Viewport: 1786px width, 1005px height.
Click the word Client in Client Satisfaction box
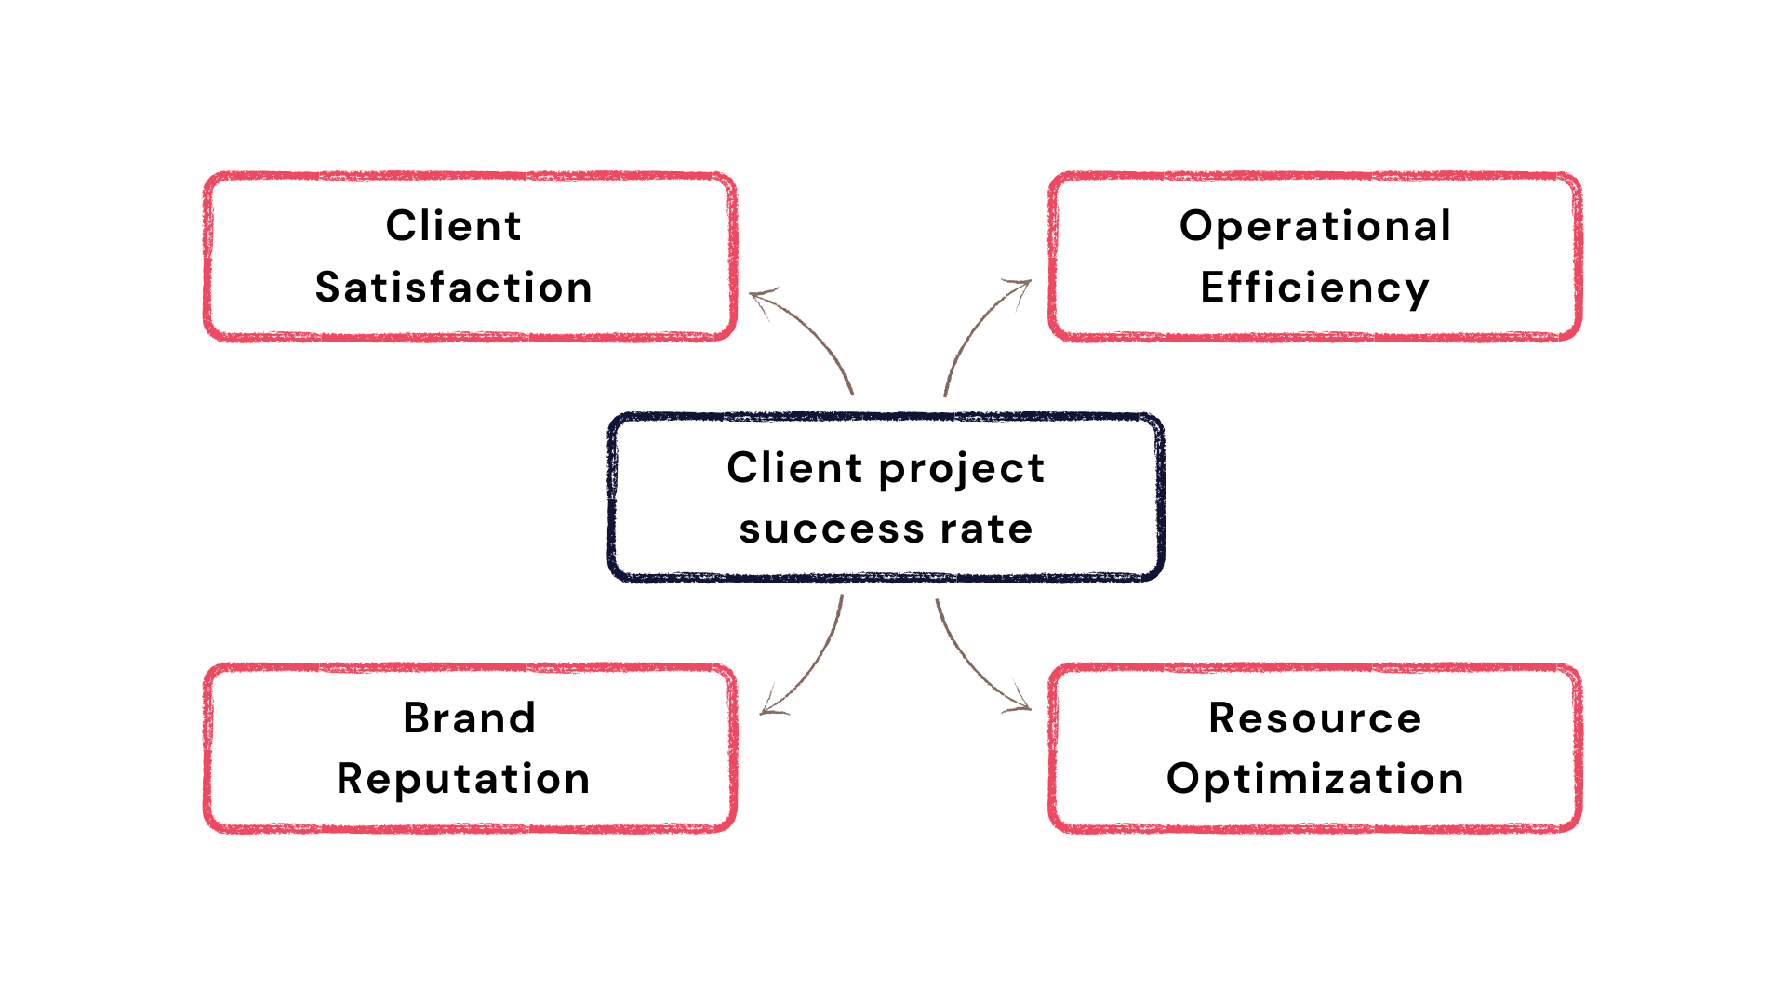point(454,225)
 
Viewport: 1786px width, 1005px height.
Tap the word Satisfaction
point(454,287)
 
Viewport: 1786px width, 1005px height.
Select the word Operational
point(1315,227)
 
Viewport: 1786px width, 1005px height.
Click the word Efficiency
point(1315,288)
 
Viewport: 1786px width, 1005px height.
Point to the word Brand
point(470,717)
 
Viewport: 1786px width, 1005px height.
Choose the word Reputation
point(463,780)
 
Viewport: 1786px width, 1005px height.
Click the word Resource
point(1315,718)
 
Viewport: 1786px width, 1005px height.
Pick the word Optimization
point(1315,780)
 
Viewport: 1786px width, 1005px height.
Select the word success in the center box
point(832,529)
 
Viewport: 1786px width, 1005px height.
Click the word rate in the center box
point(986,529)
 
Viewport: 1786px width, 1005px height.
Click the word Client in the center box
point(795,467)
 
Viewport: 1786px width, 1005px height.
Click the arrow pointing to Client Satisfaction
point(807,330)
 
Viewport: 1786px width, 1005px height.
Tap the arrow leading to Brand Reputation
point(812,665)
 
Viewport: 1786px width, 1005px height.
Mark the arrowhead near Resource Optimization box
point(1020,702)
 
